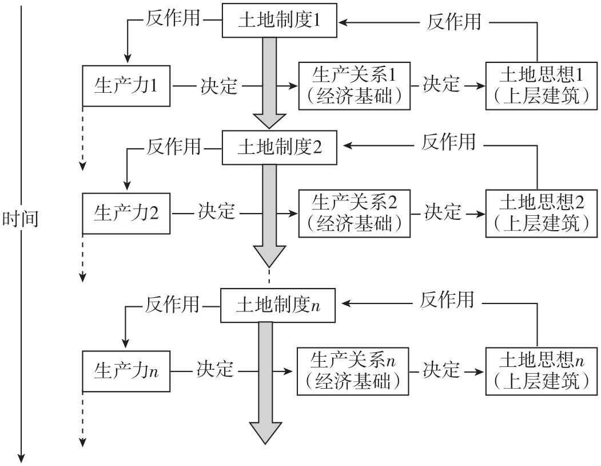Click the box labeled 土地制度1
[x=279, y=22]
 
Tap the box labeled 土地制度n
[x=277, y=305]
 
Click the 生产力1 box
[x=126, y=86]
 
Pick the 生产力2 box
[x=126, y=214]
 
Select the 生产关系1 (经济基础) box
[x=355, y=86]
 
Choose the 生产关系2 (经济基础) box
[x=355, y=214]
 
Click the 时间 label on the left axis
[x=21, y=219]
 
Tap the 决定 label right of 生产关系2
[x=442, y=212]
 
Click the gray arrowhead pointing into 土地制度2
[x=269, y=120]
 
